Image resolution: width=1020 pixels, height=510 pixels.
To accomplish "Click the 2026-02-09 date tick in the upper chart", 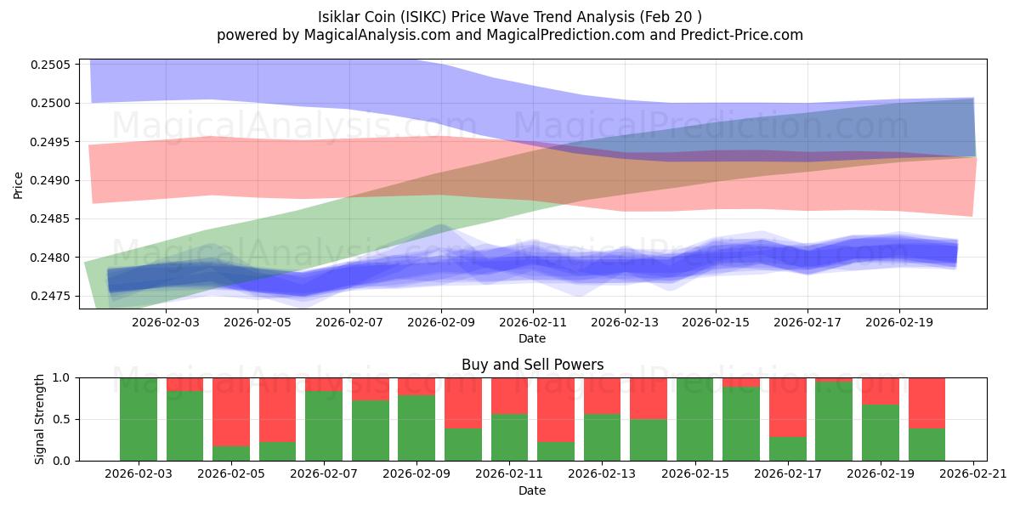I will coord(441,322).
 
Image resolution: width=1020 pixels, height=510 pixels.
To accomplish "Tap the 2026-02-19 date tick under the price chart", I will coord(899,322).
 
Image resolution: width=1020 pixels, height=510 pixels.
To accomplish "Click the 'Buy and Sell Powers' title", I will coord(532,365).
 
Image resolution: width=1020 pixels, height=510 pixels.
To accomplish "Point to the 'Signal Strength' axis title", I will coord(40,419).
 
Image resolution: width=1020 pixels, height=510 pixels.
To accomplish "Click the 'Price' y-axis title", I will coord(19,184).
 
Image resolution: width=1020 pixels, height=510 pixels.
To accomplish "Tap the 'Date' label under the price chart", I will coord(532,338).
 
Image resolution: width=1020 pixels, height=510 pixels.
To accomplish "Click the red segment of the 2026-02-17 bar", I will coord(787,407).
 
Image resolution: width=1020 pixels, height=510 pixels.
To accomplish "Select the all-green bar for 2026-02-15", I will coord(694,419).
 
